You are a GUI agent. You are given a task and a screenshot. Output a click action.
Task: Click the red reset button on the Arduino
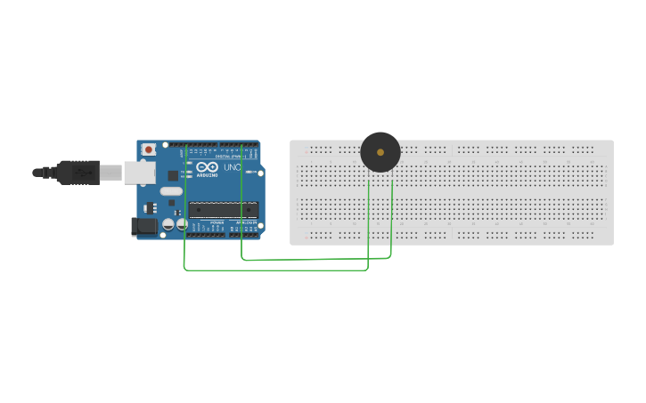148,149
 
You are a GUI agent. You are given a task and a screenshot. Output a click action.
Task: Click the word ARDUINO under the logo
206,176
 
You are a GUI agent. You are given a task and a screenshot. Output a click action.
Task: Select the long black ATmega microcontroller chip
223,210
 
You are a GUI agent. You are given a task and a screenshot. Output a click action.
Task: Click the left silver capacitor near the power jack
168,226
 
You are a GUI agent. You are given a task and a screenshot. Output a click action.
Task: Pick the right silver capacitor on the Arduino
181,226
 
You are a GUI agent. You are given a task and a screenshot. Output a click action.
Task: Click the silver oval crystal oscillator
171,191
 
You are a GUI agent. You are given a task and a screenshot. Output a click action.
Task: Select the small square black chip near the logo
172,175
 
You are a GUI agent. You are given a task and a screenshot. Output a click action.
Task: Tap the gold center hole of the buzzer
380,152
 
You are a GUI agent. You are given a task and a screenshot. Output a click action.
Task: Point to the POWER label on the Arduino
217,223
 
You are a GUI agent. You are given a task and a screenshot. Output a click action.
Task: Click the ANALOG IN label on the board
246,223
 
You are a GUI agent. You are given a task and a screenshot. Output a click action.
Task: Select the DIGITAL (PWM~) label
230,157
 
